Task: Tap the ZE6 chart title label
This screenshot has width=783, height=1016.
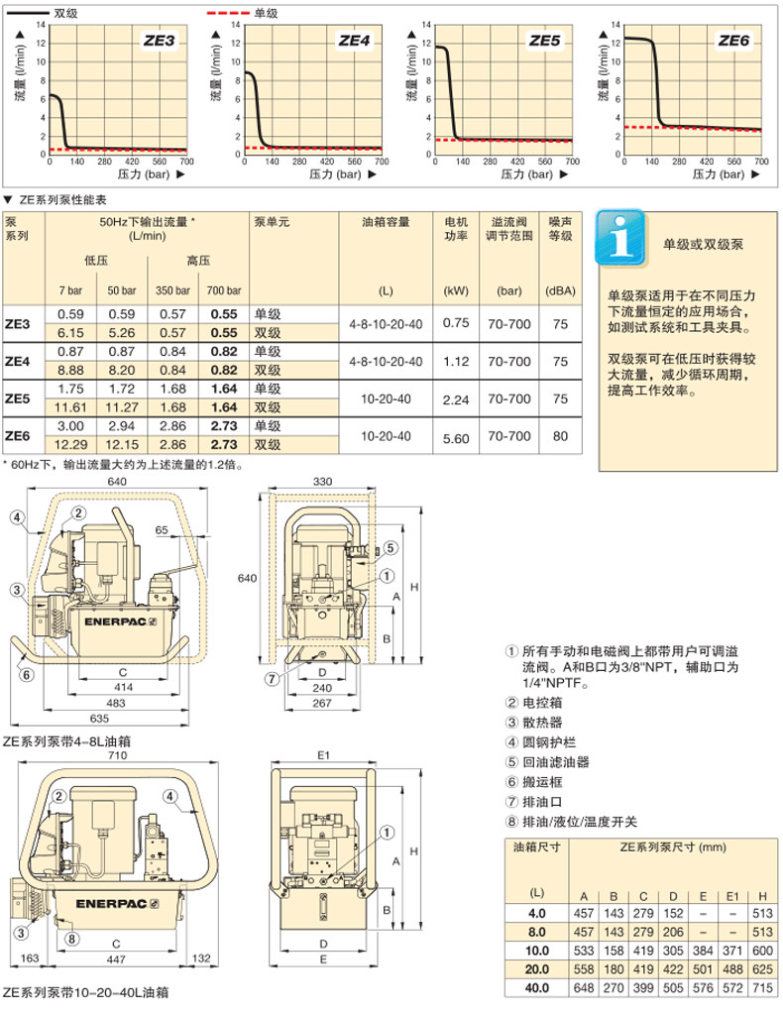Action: (x=734, y=41)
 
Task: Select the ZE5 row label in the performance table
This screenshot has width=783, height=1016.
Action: (x=19, y=399)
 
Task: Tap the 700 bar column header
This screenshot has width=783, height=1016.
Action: (x=219, y=290)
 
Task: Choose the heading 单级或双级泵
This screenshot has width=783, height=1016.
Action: (x=706, y=244)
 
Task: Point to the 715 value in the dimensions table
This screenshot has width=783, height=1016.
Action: (x=759, y=987)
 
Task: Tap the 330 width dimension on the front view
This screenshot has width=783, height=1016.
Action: (x=324, y=481)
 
